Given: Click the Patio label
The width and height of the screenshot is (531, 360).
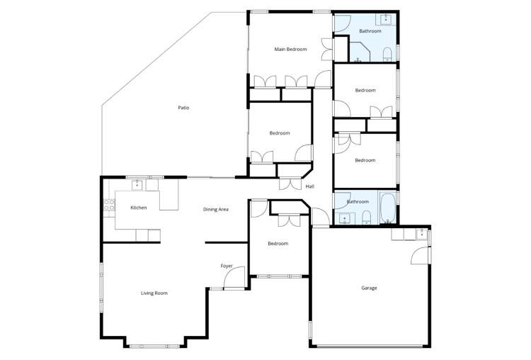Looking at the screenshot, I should point(183,108).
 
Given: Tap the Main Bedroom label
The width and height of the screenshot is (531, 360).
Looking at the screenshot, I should point(290,49).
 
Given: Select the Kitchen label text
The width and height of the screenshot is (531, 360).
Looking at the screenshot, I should point(139,208).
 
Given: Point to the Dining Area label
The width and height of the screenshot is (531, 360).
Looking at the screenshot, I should point(215,209).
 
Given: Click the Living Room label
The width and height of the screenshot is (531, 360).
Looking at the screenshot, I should point(154,293).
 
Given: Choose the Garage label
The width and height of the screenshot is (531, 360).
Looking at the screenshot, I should point(369,288).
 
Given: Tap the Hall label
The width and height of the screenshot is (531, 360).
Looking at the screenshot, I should point(309,186).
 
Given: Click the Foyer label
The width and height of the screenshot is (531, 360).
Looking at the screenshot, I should point(227,266).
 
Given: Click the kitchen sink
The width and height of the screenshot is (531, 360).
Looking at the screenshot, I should point(137,186).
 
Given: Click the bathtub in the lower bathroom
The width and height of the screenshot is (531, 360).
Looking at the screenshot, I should point(387,209).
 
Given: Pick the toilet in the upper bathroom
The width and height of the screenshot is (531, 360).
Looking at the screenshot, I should point(387,55).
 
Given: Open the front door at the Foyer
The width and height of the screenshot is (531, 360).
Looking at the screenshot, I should point(234,279).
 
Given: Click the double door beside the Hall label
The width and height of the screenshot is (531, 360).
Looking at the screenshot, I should point(290,184).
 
